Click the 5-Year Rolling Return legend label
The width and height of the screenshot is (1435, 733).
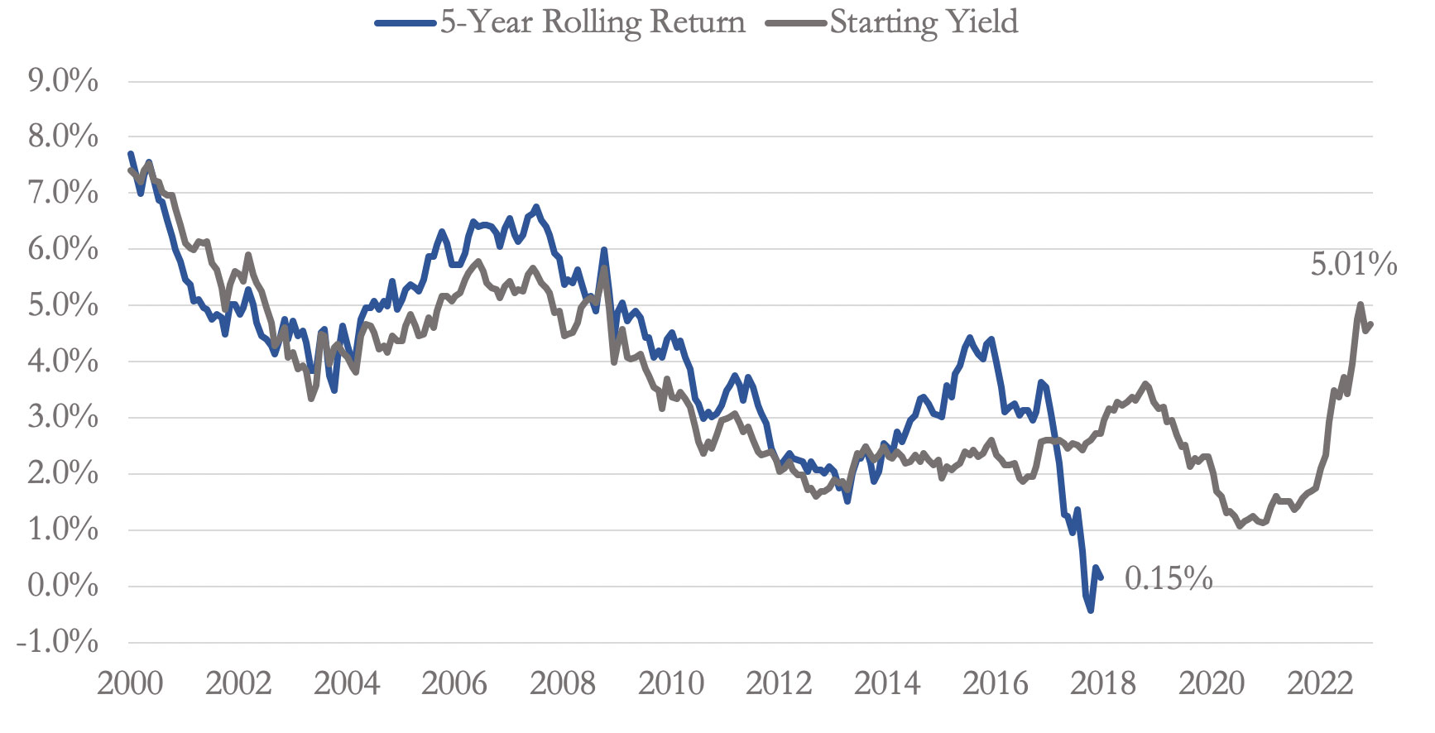(x=593, y=22)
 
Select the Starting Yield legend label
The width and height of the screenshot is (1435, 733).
(x=924, y=22)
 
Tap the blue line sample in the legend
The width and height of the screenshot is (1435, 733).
(x=406, y=23)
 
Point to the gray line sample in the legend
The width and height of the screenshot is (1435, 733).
(x=796, y=23)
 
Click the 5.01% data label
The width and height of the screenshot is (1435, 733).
(x=1353, y=265)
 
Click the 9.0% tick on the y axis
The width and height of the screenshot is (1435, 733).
(x=63, y=81)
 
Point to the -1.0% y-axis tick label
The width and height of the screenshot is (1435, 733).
(x=58, y=642)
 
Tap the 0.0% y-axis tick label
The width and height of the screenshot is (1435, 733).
(x=63, y=586)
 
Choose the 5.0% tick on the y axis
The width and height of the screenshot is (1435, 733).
(x=63, y=305)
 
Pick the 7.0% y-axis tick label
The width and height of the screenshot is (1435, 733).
(x=63, y=193)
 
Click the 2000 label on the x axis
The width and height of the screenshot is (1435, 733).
(x=130, y=684)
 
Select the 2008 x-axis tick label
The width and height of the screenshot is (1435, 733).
(x=563, y=684)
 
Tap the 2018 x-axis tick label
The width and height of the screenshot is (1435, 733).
(x=1103, y=684)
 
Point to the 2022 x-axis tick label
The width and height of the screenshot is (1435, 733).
(x=1320, y=684)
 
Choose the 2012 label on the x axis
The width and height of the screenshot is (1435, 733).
(x=779, y=684)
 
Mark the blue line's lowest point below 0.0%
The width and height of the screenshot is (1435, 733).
(x=1091, y=611)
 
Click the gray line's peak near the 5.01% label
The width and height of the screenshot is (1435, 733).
(x=1360, y=304)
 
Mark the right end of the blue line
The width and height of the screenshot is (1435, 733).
(x=1101, y=577)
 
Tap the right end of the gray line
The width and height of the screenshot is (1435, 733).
(x=1371, y=323)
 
